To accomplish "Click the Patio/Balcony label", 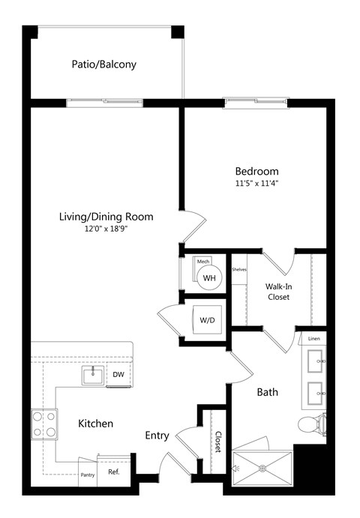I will click(104, 64).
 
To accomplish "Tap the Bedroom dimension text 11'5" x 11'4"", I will click(256, 182).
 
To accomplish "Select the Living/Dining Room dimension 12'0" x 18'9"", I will click(106, 229).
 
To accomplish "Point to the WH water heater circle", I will click(209, 278).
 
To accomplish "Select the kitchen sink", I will click(94, 376).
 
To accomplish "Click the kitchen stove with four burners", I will click(43, 424).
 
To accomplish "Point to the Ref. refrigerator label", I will click(113, 473).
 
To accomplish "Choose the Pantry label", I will click(88, 474).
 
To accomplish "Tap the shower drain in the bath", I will click(262, 469).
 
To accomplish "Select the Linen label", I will click(315, 339).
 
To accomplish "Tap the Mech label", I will click(202, 262).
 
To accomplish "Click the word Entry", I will click(157, 436).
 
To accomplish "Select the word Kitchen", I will click(96, 424).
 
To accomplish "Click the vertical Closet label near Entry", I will click(218, 442).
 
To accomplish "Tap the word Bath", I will click(268, 392).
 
